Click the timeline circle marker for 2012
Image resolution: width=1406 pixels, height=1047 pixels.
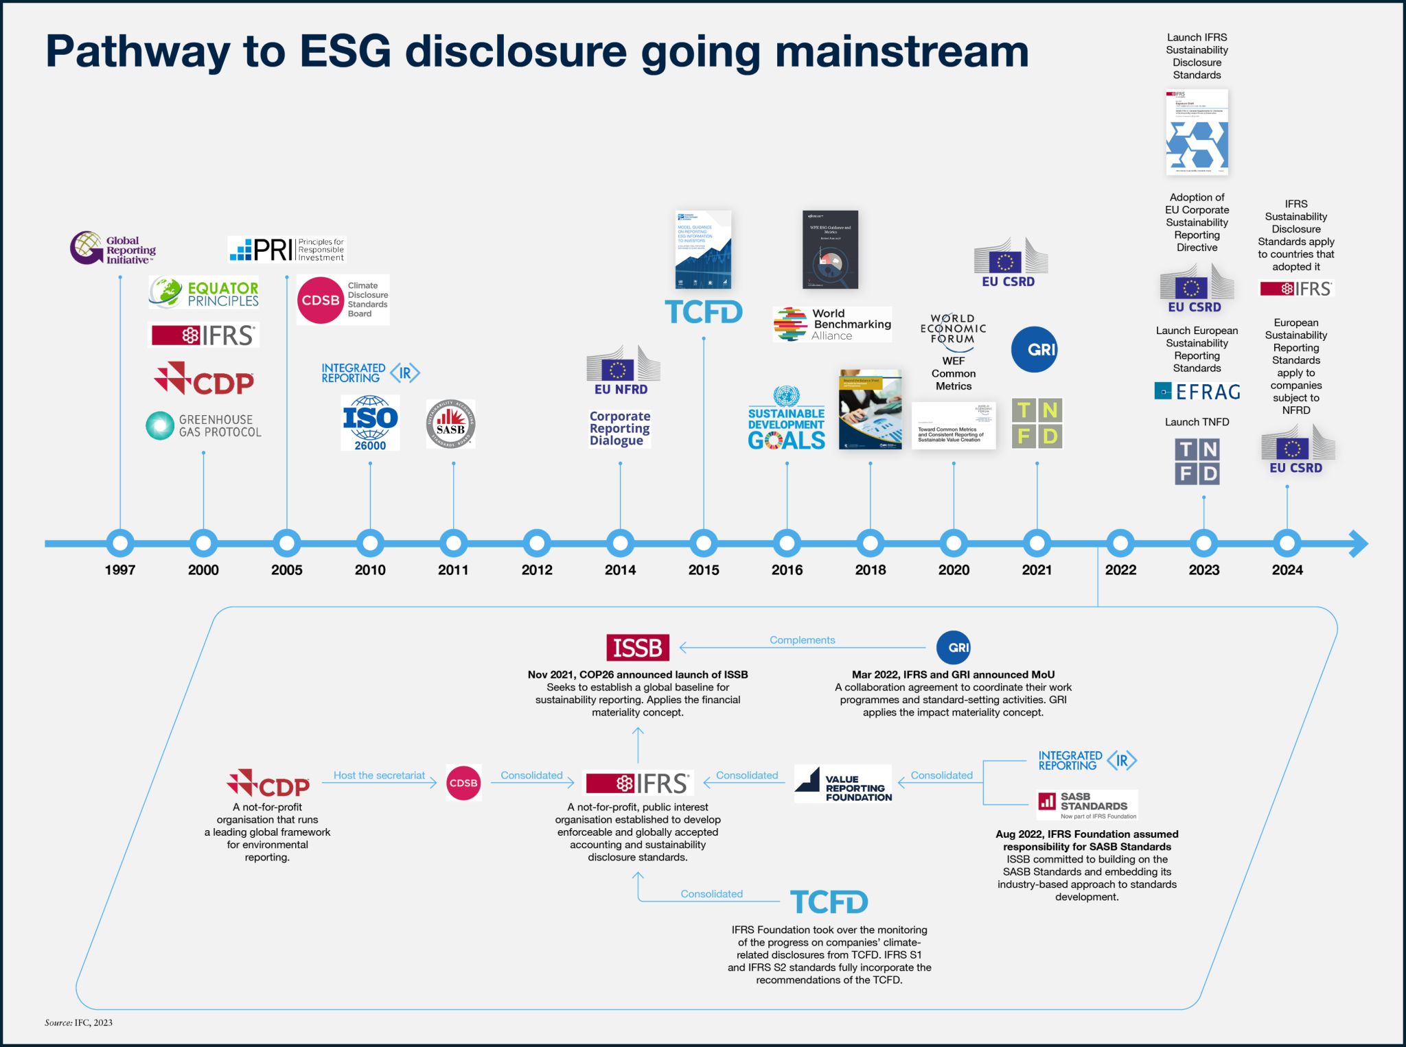537,543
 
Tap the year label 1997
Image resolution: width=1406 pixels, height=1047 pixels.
120,570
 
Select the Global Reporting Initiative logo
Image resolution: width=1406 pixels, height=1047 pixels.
113,249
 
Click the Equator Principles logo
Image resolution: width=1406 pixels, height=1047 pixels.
205,294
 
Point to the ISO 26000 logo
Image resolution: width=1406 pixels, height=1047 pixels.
370,423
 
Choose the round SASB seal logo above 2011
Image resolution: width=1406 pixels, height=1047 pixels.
450,424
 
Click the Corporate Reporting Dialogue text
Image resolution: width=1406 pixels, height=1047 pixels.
619,428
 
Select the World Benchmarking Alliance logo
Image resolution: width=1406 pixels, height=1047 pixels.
832,325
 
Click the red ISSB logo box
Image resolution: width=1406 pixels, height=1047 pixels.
637,648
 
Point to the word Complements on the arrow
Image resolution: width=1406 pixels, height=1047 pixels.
802,640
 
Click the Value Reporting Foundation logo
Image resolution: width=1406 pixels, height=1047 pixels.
844,784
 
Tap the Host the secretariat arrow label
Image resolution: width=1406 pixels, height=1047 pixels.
379,775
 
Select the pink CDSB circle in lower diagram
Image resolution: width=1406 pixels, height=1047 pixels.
463,784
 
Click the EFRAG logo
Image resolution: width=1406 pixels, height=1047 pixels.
1197,392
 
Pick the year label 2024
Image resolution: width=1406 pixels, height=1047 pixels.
1287,570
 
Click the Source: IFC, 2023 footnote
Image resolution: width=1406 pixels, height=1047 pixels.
78,1023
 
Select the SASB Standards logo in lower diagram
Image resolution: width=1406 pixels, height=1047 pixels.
1087,804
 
